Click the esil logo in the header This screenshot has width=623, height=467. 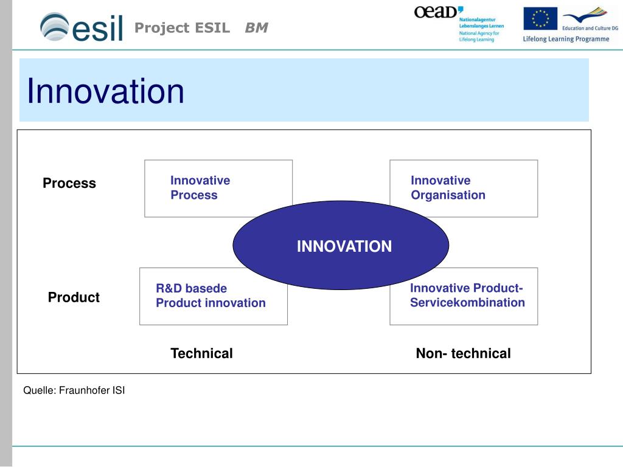(82, 27)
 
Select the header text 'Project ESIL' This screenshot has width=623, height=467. (183, 28)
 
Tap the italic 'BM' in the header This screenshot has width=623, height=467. (257, 28)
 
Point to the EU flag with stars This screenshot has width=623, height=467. (540, 18)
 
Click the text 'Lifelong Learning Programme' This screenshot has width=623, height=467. (566, 39)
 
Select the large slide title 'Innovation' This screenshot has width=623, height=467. (105, 91)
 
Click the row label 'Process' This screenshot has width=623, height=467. (69, 183)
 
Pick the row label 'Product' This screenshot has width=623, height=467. (74, 297)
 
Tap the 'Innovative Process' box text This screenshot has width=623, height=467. (200, 187)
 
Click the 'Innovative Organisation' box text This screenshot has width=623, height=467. (448, 187)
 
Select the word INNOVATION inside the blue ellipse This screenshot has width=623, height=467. (344, 246)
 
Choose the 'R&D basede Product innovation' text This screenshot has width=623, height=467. (211, 296)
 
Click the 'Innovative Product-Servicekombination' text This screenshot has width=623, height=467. (467, 295)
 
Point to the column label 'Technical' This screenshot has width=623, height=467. (201, 353)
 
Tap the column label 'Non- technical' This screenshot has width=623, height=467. (463, 353)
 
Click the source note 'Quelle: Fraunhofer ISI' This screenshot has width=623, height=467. (74, 390)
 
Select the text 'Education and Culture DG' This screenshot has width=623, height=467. (590, 28)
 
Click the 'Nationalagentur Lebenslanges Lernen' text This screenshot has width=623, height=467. (481, 22)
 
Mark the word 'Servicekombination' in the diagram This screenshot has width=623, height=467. (467, 303)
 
